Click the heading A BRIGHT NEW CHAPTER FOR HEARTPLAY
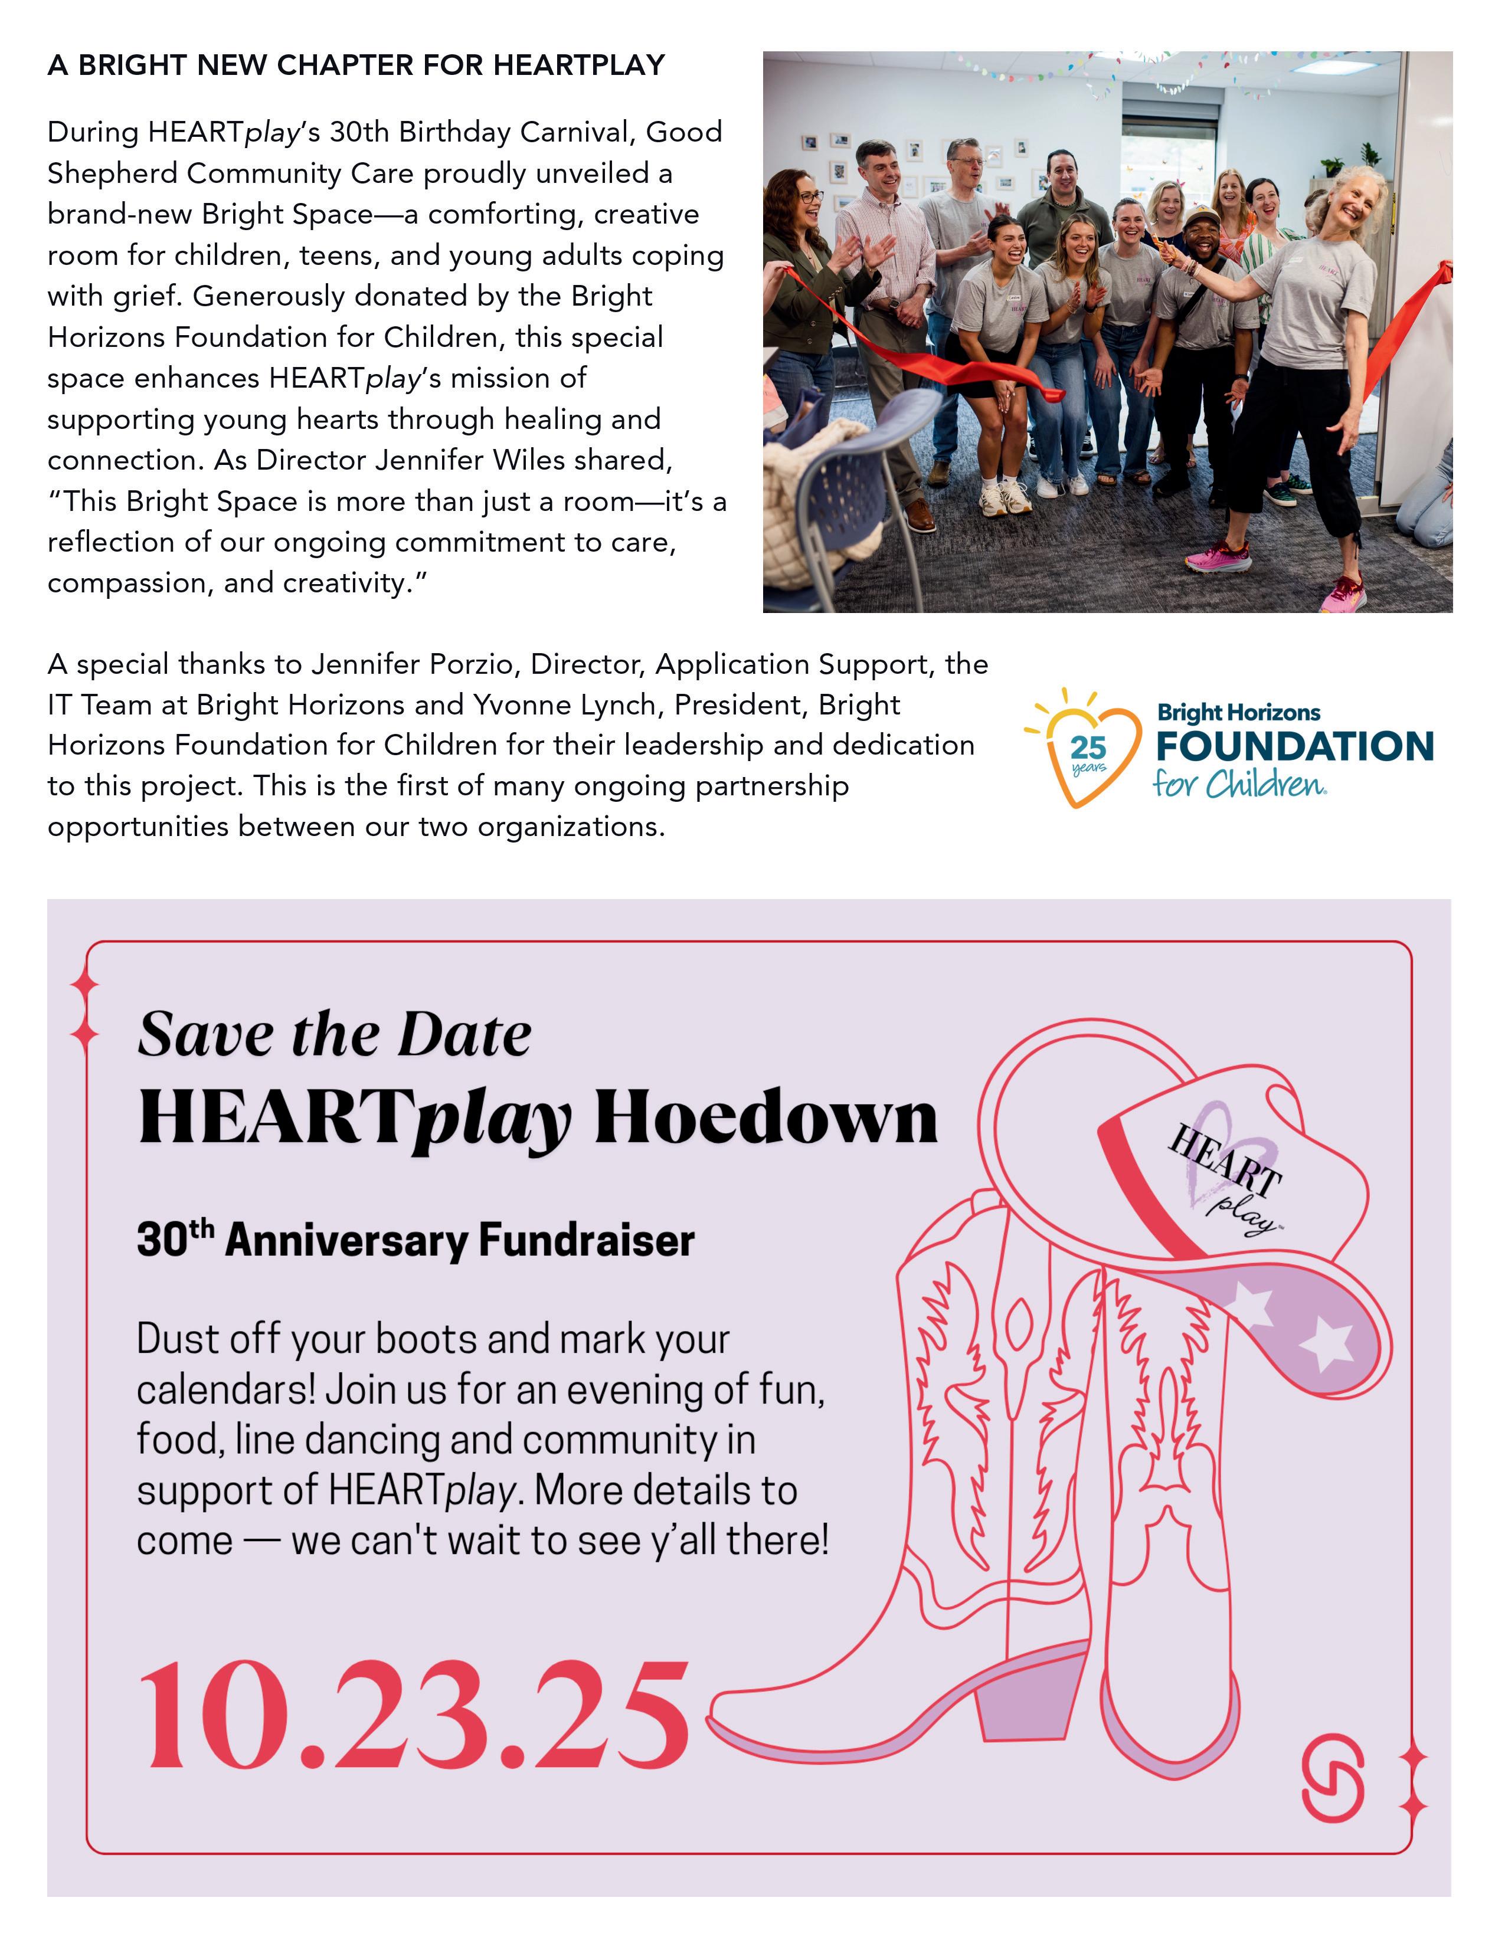click(x=356, y=65)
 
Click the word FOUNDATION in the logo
click(x=1294, y=747)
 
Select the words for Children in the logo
click(x=1238, y=785)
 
